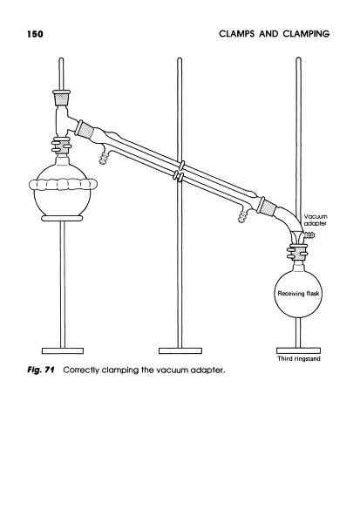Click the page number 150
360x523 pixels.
pos(35,34)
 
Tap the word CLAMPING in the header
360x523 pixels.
pos(306,34)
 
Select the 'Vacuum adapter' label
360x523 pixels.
pos(316,221)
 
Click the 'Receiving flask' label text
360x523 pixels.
pos(298,294)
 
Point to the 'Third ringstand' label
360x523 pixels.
pos(299,358)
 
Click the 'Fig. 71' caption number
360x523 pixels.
pos(41,370)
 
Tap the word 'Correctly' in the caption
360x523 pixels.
pos(81,370)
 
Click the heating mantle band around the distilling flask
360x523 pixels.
pos(63,185)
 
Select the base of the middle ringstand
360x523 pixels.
pos(180,350)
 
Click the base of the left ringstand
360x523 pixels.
pos(63,350)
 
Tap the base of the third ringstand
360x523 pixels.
pos(299,350)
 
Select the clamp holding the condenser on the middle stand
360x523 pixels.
pos(180,172)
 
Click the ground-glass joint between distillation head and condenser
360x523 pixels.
pos(84,129)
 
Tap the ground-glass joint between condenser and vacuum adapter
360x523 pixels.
pos(267,206)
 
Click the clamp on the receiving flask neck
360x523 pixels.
pos(297,251)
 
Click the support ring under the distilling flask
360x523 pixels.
pos(62,218)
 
